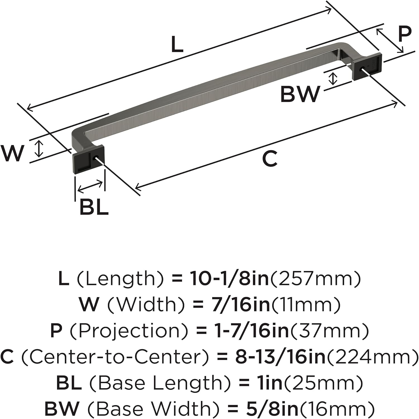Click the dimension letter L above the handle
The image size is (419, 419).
(x=177, y=45)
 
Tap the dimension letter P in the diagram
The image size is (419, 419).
(x=405, y=34)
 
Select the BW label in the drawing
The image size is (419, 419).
(x=300, y=94)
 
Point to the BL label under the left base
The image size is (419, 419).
(x=94, y=207)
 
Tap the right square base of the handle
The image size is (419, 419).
(x=368, y=67)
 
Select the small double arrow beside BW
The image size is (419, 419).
(x=332, y=79)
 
